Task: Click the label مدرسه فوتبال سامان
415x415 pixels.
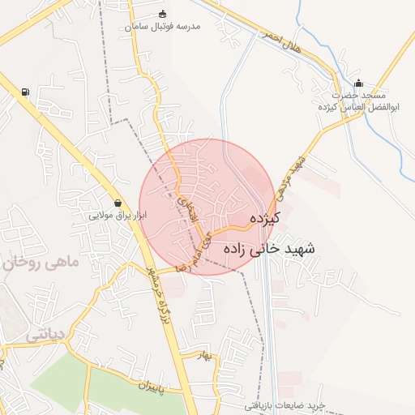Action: [x=162, y=27]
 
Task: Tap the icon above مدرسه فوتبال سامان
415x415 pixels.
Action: [x=162, y=14]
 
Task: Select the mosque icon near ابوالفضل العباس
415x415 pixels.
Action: [x=359, y=83]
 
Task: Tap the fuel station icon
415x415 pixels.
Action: [x=25, y=92]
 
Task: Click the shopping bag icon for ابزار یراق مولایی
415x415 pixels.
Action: [x=119, y=203]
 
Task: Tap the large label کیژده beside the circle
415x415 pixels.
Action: [x=265, y=218]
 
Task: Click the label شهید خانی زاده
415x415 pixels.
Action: [x=267, y=249]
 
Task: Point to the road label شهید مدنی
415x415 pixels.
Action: [x=290, y=175]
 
